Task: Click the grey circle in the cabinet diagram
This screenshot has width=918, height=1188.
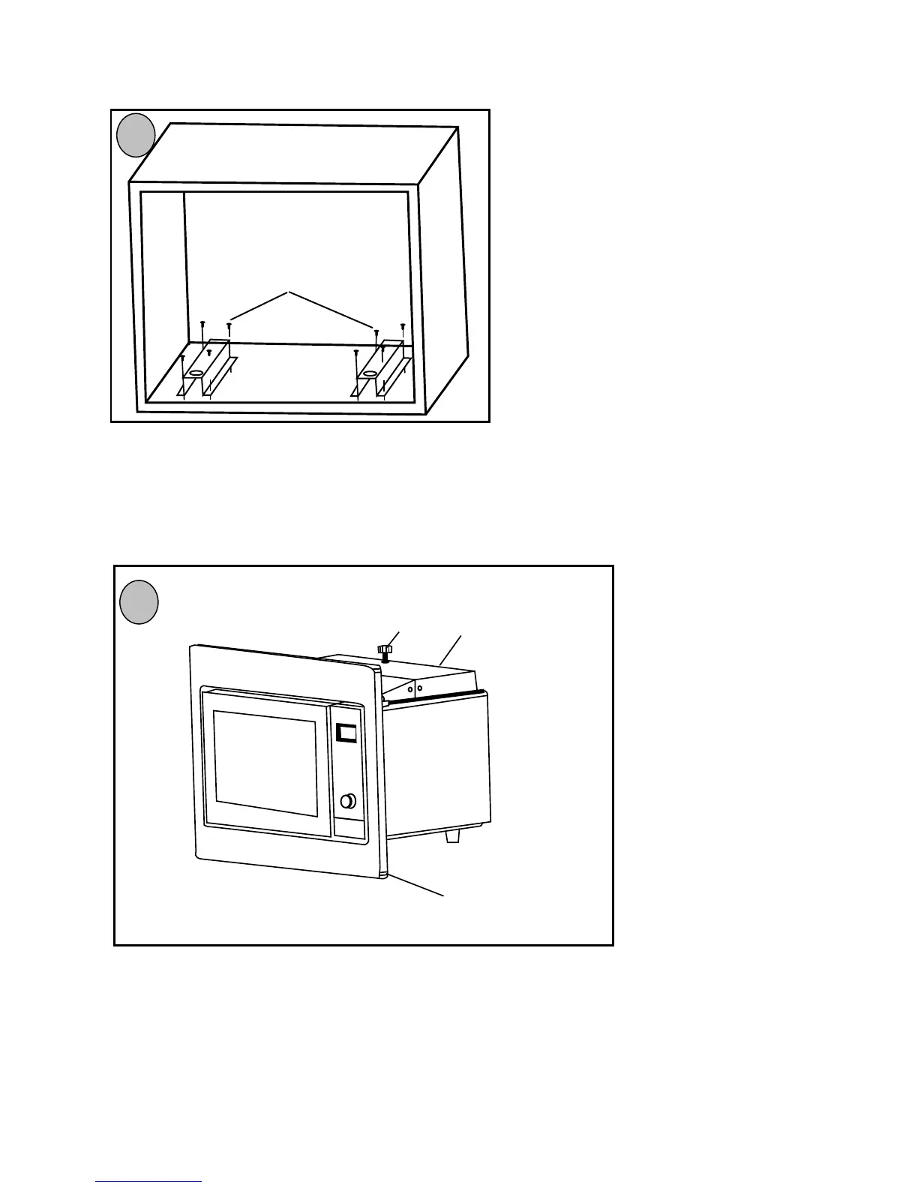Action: [136, 135]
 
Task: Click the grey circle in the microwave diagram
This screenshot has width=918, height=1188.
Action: [139, 601]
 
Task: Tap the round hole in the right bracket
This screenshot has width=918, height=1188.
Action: [369, 373]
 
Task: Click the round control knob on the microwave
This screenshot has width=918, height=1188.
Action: [347, 801]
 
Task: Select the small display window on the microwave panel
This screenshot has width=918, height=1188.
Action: [346, 733]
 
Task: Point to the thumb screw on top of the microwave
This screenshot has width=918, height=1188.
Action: [385, 649]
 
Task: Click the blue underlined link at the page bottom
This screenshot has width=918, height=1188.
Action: [148, 1182]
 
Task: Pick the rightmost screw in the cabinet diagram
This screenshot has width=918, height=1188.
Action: [403, 326]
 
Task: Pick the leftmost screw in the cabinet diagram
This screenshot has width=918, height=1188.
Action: [182, 358]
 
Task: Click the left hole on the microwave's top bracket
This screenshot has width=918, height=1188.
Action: [410, 688]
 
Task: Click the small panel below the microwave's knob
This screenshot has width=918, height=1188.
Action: [350, 827]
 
